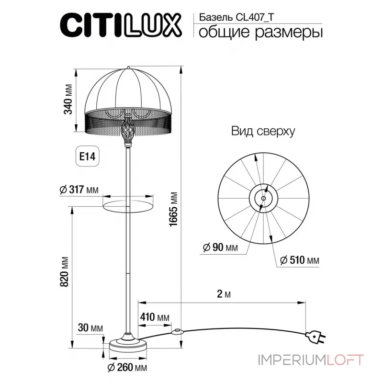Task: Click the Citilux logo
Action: tap(120, 24)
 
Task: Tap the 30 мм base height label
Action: tap(90, 328)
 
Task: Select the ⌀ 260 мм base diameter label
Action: tap(126, 368)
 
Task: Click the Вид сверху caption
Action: tap(263, 131)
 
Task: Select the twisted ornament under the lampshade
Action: tap(128, 130)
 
